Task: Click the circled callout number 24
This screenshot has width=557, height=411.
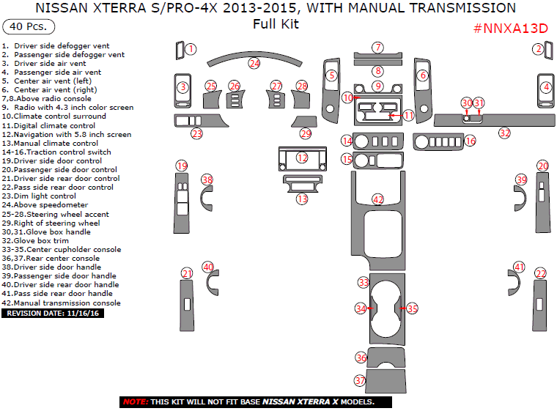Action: point(254,64)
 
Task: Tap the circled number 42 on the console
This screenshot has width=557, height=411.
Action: point(378,199)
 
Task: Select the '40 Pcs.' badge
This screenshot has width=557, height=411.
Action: point(29,26)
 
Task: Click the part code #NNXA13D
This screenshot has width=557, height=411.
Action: point(511,29)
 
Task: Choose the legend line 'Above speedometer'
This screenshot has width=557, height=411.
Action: point(45,205)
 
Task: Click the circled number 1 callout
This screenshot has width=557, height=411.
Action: point(191,49)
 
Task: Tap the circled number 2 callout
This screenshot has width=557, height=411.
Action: point(538,49)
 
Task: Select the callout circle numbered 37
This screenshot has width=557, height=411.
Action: point(360,381)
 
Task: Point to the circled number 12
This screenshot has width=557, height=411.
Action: point(302,158)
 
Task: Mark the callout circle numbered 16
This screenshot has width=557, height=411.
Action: point(470,140)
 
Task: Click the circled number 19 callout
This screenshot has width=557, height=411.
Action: point(181,166)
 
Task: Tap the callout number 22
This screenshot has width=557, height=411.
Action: point(541,273)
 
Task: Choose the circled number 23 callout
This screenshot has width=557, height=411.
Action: point(196,133)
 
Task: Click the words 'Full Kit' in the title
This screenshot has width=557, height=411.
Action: point(276,23)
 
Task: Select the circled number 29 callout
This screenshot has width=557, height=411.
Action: point(305,133)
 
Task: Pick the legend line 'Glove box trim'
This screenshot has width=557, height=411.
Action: point(41,240)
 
